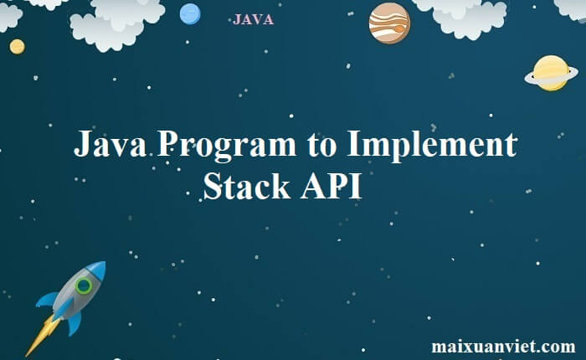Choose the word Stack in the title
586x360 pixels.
tap(246, 186)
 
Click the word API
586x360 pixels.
tap(331, 186)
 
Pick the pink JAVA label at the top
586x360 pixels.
tap(253, 19)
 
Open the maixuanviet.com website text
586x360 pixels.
tap(503, 346)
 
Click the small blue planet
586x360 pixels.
tap(190, 13)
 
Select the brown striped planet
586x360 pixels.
tap(389, 23)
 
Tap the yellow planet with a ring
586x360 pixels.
tap(551, 73)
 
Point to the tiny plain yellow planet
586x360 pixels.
tap(17, 46)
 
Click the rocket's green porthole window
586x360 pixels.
tap(83, 286)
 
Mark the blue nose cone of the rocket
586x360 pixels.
tap(97, 270)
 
